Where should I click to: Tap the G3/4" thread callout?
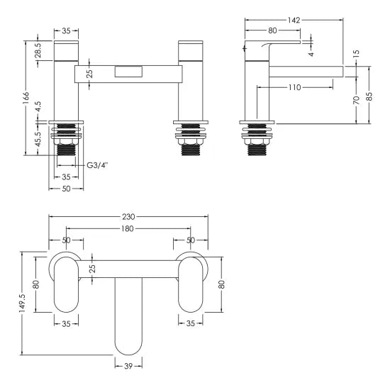point(97,166)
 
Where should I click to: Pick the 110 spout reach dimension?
point(296,88)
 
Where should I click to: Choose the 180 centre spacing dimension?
point(128,229)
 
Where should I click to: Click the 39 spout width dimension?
point(129,366)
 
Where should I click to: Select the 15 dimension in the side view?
point(356,54)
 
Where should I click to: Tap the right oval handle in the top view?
point(189,283)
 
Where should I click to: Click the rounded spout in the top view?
point(129,316)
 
